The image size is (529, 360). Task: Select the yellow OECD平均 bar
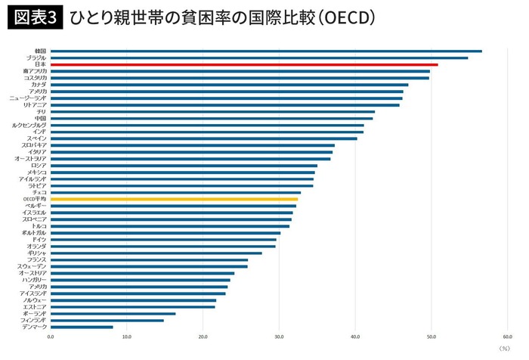click(175, 199)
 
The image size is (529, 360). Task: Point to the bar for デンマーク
click(82, 327)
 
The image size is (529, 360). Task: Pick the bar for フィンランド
click(107, 320)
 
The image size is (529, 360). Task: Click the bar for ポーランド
click(113, 313)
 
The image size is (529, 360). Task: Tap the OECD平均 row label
click(33, 199)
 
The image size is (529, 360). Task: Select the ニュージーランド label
click(28, 98)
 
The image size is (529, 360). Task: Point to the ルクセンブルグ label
click(29, 125)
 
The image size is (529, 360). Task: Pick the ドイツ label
click(39, 239)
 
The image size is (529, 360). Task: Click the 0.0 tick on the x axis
click(51, 337)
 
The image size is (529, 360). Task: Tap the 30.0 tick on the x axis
click(279, 337)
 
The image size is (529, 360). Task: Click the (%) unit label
click(505, 349)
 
